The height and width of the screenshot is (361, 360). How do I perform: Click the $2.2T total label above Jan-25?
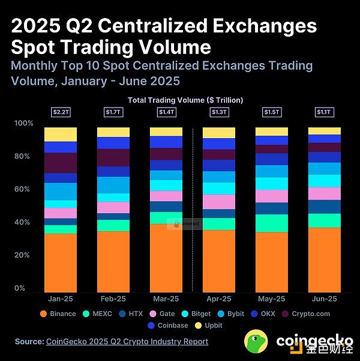[x=60, y=112]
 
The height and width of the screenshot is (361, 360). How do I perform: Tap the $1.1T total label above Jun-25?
[x=325, y=112]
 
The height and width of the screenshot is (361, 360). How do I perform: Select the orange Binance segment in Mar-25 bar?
[x=166, y=258]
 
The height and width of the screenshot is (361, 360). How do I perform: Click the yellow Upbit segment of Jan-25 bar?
[x=61, y=134]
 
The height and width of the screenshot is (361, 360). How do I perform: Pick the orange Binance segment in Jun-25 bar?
[x=325, y=259]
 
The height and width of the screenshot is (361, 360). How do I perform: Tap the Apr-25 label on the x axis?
[x=218, y=299]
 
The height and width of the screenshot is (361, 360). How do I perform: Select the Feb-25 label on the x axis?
[x=113, y=299]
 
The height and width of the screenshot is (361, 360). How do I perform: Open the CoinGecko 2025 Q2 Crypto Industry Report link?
[x=127, y=341]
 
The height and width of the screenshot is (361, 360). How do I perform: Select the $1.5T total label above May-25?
[x=272, y=112]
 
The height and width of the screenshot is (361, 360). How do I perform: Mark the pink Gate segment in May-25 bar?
[x=272, y=196]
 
